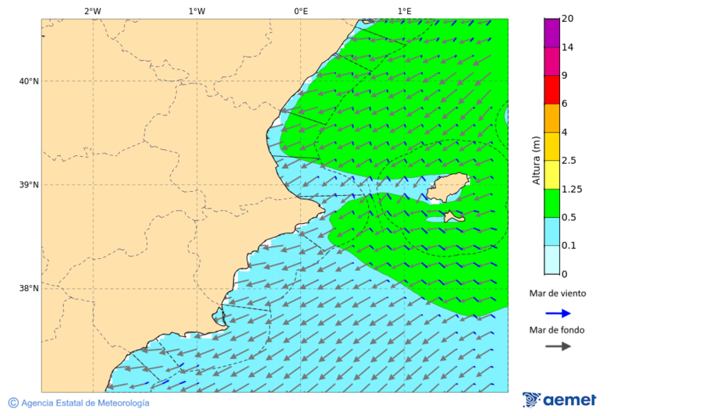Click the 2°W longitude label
point(92,11)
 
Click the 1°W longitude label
point(197,11)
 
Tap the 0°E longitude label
point(300,11)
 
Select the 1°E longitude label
point(404,11)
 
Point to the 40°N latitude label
point(29,81)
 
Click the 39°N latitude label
point(29,185)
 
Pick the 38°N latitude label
point(29,289)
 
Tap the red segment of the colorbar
point(551,89)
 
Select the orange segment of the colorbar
point(551,118)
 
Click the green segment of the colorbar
point(551,203)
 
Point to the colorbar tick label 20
point(567,19)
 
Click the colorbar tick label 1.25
point(573,189)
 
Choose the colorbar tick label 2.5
point(569,161)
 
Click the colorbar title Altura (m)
point(536,160)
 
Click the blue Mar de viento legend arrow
point(558,313)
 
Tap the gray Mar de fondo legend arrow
point(558,347)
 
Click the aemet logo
point(559,400)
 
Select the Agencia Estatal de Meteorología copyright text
point(79,403)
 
